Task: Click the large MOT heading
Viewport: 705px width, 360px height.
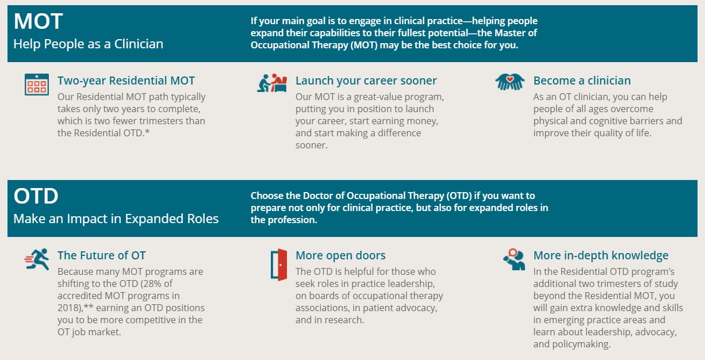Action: (x=38, y=21)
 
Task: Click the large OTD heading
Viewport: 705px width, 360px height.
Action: (x=36, y=196)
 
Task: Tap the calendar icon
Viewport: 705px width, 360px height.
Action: (x=37, y=85)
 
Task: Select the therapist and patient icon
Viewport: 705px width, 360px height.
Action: (x=272, y=83)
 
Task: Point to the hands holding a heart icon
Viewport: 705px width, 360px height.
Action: (x=510, y=82)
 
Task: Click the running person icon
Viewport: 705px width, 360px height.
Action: (x=37, y=259)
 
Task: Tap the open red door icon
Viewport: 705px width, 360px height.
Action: (x=279, y=265)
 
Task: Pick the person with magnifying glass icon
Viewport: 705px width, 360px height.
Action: (x=514, y=259)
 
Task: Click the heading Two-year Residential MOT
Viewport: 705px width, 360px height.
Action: (x=126, y=81)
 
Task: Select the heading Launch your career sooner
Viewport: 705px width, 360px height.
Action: (x=366, y=81)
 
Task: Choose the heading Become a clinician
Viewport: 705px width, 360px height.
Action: (x=582, y=81)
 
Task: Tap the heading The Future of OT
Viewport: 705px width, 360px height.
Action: (x=101, y=255)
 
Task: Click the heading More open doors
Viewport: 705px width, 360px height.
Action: (x=340, y=255)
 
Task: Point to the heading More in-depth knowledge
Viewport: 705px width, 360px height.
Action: (x=601, y=255)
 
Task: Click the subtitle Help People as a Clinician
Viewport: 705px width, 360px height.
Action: (x=89, y=44)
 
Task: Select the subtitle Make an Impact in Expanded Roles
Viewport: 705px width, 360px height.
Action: (x=116, y=219)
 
